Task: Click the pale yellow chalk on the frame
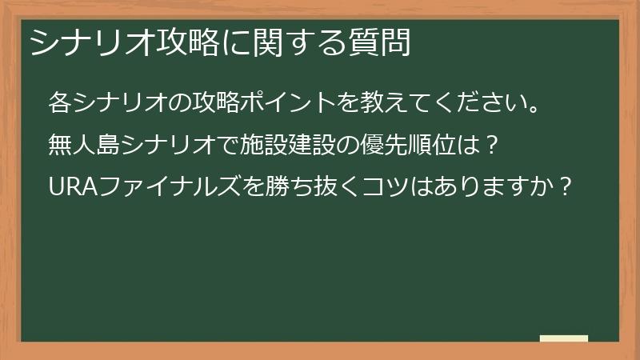[564, 338]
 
